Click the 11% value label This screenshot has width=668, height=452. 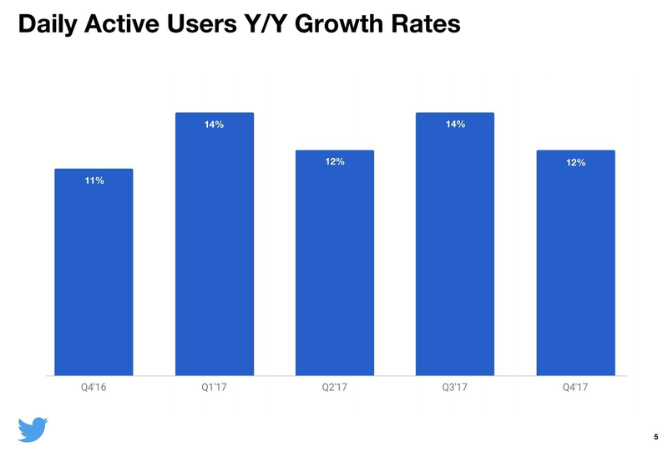click(94, 180)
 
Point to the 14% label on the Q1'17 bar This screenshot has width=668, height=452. click(214, 124)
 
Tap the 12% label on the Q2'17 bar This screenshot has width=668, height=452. click(335, 161)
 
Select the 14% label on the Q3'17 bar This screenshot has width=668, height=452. click(455, 124)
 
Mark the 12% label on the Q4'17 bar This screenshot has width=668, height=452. click(575, 162)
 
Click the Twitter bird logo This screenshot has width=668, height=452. click(33, 429)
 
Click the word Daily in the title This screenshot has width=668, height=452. click(48, 25)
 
